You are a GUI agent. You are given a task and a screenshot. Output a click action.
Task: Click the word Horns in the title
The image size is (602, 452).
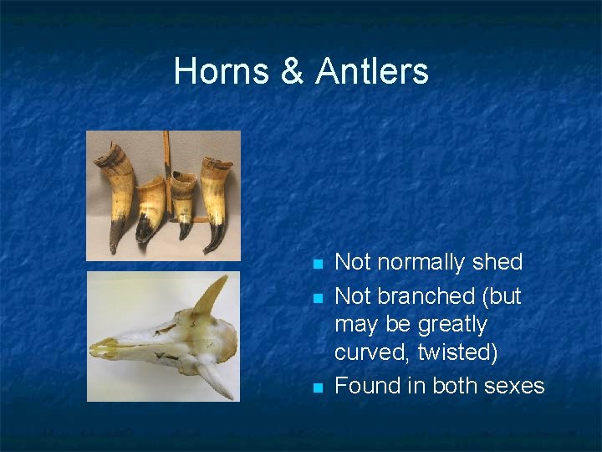[x=221, y=72]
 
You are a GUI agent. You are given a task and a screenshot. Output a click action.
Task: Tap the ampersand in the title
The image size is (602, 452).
[x=292, y=72]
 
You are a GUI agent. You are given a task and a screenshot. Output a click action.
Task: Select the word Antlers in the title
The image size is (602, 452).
[x=372, y=72]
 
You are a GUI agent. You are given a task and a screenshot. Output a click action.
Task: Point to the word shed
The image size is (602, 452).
[x=497, y=262]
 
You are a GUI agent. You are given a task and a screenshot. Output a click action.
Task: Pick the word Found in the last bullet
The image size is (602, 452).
[x=366, y=386]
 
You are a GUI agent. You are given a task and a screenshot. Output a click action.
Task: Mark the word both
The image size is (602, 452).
[x=444, y=386]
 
